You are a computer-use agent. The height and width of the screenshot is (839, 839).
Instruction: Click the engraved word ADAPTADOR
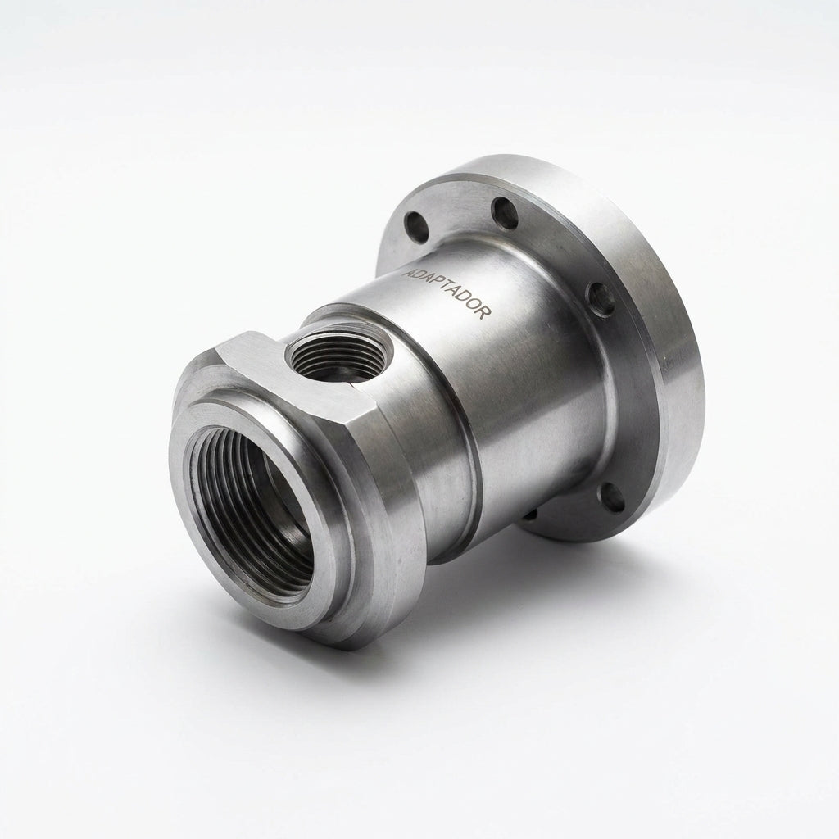[446, 293]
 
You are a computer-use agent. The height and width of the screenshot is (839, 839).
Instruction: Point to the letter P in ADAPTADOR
[435, 284]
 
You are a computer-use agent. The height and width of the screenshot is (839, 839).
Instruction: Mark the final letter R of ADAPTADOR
[483, 314]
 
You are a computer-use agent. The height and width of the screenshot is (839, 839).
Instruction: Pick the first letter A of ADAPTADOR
[409, 272]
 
